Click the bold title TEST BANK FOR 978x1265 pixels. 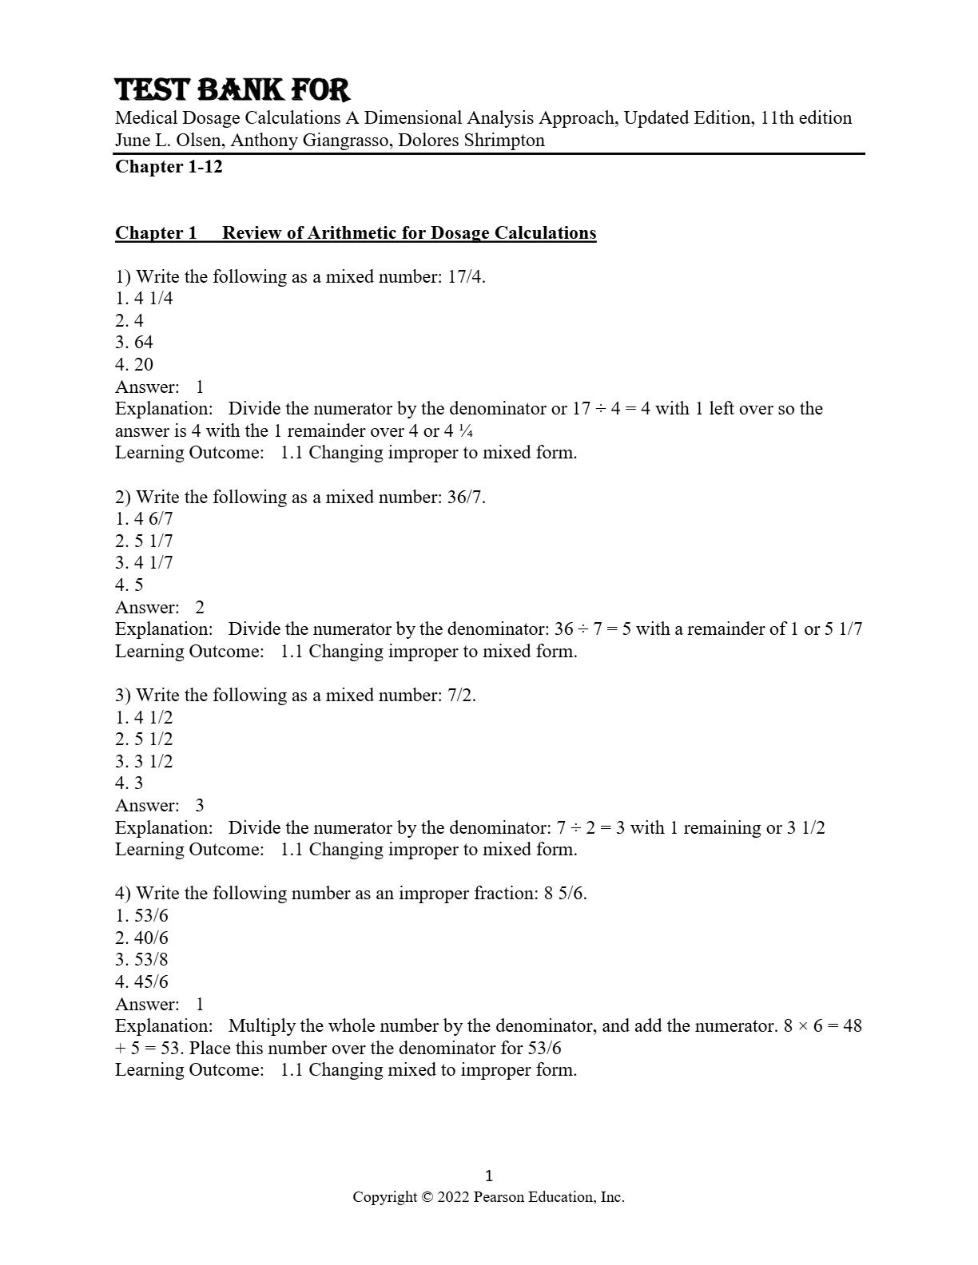(x=233, y=89)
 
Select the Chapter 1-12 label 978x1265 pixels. (x=169, y=167)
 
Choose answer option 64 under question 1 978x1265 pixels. (x=143, y=343)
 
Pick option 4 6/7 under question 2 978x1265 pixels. (x=153, y=519)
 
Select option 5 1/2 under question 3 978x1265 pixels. (x=153, y=740)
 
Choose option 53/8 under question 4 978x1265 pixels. (x=151, y=960)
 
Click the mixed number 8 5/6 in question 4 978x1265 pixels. (x=564, y=894)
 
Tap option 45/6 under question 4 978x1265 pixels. (x=151, y=982)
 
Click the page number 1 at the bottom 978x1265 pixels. (x=489, y=1176)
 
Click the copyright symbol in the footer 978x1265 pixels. (x=427, y=1197)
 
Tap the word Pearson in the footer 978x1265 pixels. (x=500, y=1197)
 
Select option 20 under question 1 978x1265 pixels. (x=143, y=365)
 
